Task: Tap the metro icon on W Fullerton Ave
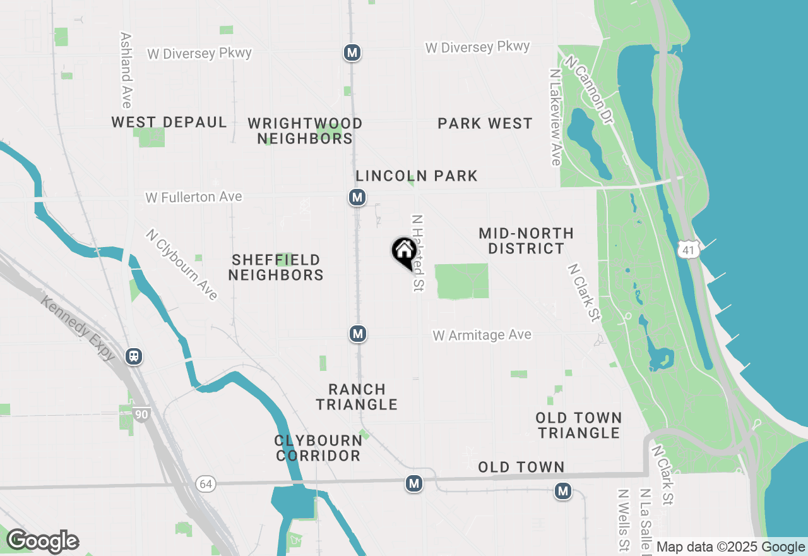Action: [357, 198]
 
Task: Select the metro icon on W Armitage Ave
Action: [358, 334]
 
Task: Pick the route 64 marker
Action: [206, 484]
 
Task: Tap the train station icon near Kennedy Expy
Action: [134, 356]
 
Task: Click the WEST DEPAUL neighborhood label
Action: [169, 123]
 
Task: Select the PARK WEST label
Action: [485, 123]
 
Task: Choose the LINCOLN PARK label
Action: [417, 176]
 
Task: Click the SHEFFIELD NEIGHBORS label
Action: [276, 267]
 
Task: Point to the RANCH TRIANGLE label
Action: [357, 397]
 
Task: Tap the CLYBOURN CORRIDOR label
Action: [318, 448]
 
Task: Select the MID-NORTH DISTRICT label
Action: [526, 241]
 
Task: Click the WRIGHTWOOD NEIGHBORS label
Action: [305, 131]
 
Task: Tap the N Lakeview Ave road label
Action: [555, 118]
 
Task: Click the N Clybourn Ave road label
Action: [182, 264]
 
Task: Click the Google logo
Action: [42, 541]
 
